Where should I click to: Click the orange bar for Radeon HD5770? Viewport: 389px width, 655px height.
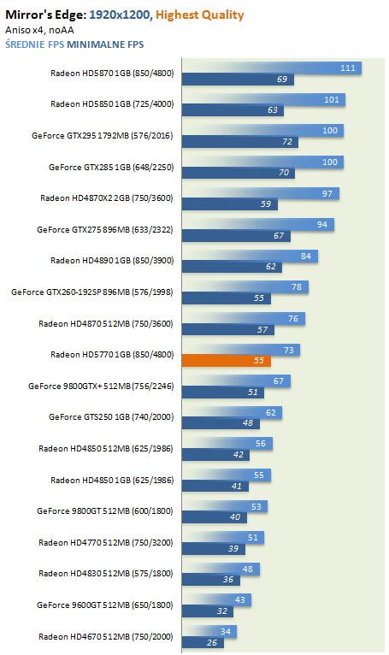[x=226, y=361]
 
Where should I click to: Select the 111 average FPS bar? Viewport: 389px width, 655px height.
[x=272, y=68]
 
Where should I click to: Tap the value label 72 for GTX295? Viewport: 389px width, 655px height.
[x=287, y=142]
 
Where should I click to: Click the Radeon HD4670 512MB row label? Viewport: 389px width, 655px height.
[x=106, y=637]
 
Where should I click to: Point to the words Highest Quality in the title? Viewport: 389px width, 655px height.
[x=200, y=15]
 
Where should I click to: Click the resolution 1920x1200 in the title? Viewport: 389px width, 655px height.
[x=120, y=15]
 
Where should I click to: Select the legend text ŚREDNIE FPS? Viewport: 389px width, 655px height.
[x=35, y=44]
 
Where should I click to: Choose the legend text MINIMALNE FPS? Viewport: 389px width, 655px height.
[x=105, y=44]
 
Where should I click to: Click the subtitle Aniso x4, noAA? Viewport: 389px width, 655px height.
[x=39, y=30]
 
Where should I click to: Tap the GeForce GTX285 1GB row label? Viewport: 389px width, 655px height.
[x=111, y=167]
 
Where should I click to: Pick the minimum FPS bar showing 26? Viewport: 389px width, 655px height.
[x=203, y=642]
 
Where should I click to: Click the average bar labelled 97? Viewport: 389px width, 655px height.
[x=260, y=193]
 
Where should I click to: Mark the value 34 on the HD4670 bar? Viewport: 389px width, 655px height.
[x=226, y=632]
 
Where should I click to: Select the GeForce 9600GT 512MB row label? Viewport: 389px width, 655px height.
[x=105, y=605]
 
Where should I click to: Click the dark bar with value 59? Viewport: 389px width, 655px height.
[x=229, y=204]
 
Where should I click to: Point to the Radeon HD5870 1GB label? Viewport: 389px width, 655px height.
[x=112, y=73]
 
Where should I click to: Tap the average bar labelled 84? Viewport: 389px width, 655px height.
[x=250, y=256]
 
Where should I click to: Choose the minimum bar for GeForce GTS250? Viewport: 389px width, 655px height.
[x=221, y=423]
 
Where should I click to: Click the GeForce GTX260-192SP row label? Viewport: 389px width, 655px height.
[x=92, y=292]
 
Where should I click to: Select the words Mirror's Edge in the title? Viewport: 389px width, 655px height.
[x=46, y=15]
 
